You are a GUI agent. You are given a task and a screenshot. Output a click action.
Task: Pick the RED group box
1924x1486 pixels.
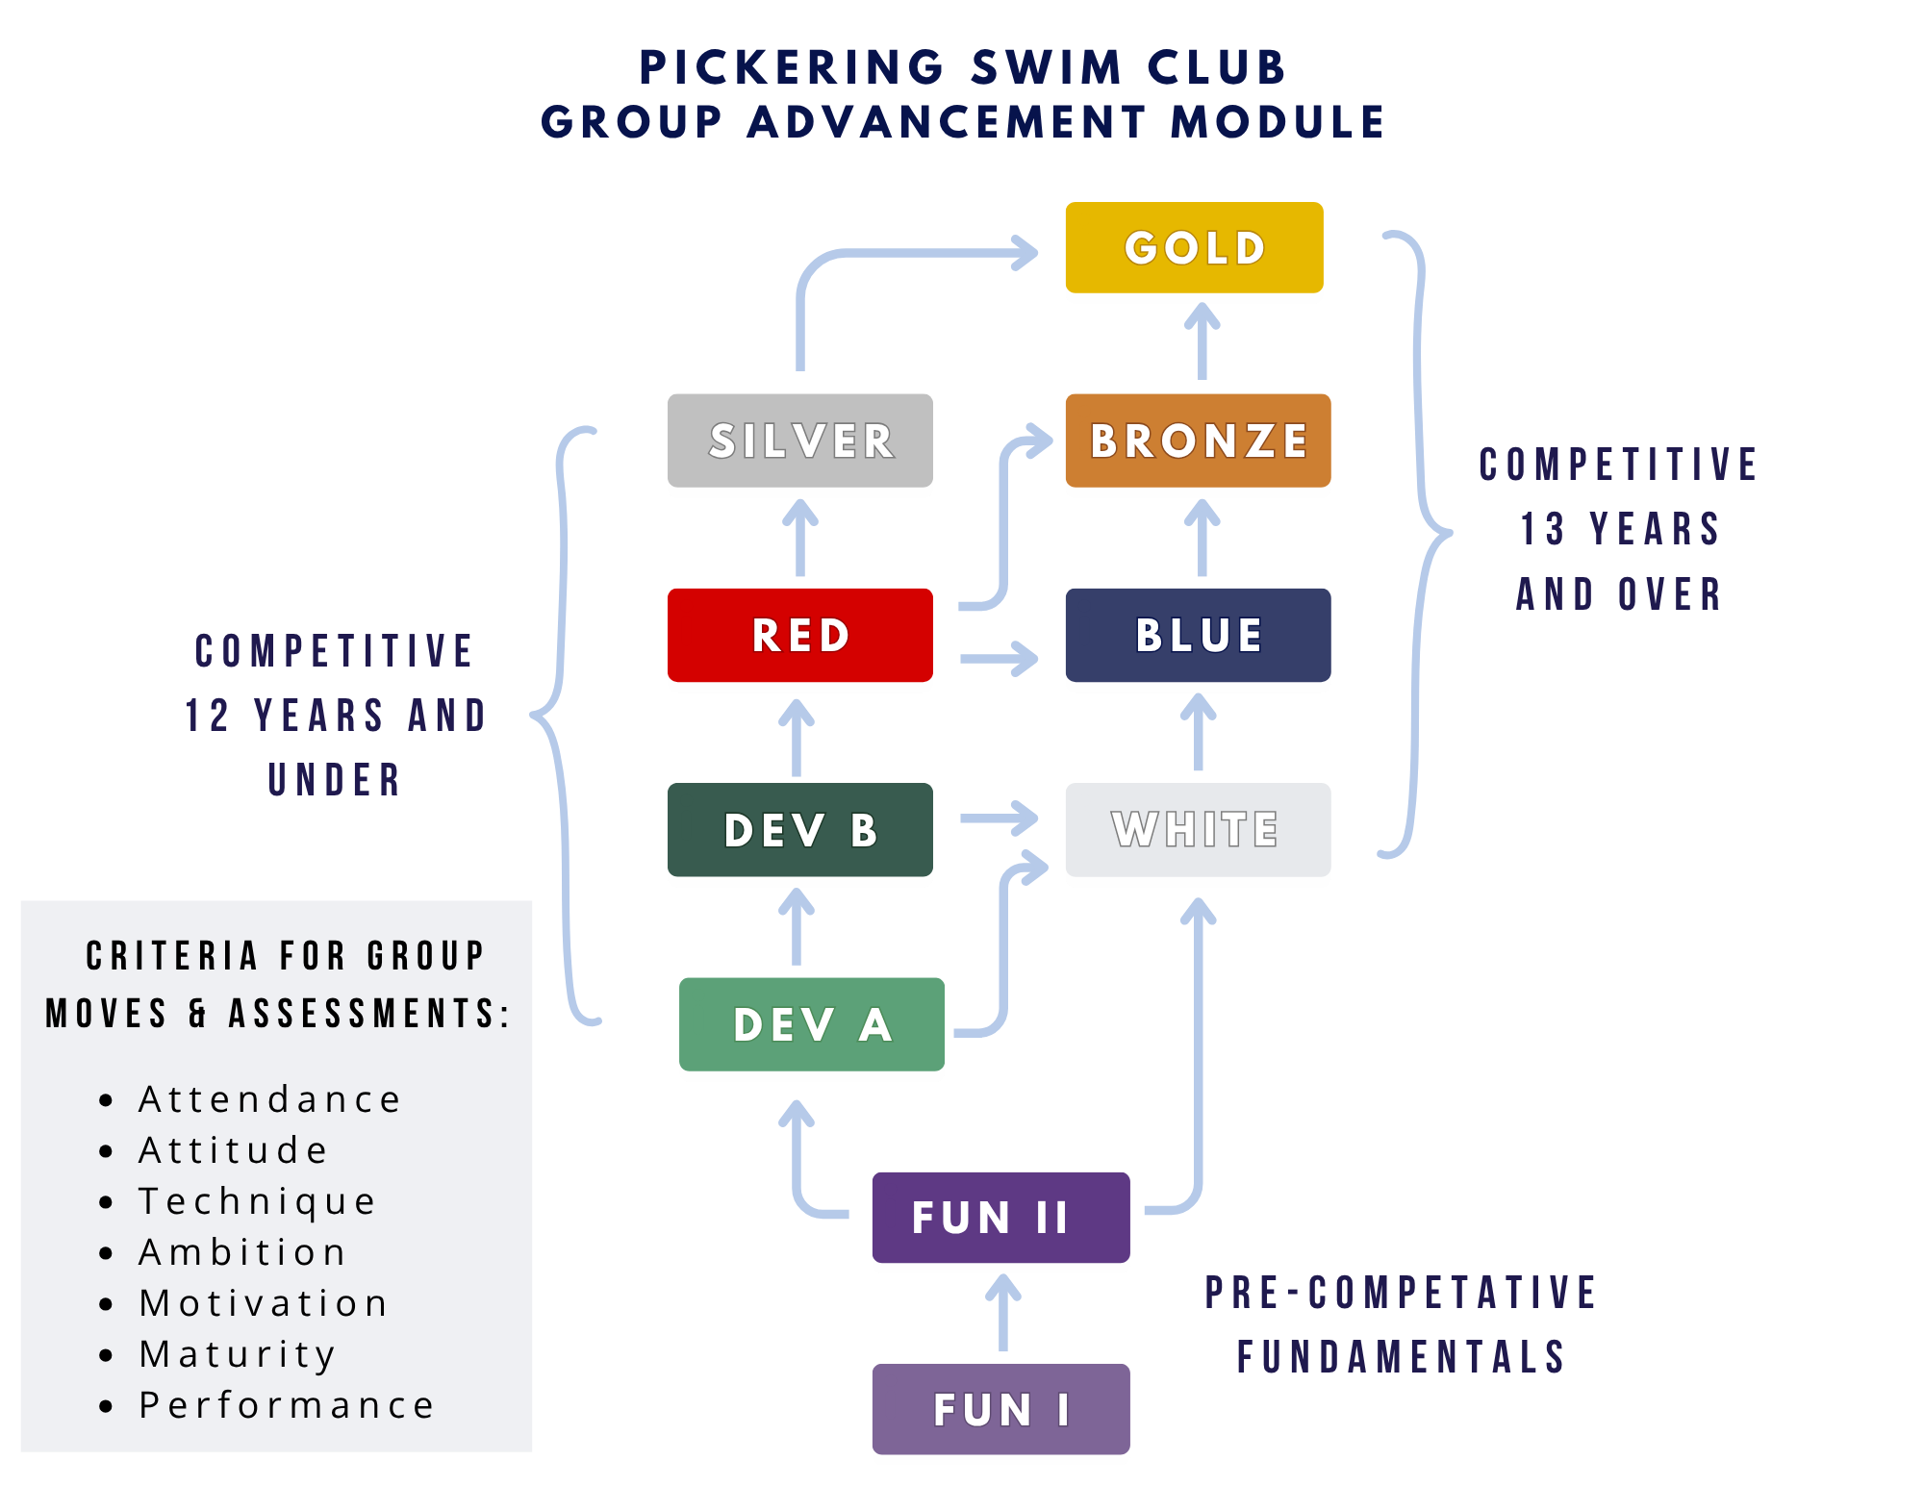pyautogui.click(x=800, y=636)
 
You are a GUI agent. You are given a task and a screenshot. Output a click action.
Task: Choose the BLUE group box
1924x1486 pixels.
pyautogui.click(x=1198, y=636)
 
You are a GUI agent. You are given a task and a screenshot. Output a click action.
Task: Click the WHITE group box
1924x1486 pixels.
pyautogui.click(x=1198, y=830)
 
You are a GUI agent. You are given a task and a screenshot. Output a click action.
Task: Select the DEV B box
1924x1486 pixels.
pyautogui.click(x=800, y=830)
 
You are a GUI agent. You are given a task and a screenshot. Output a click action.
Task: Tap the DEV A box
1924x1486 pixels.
pyautogui.click(x=812, y=1025)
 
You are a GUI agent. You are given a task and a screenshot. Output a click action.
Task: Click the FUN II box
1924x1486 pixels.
pyautogui.click(x=1000, y=1218)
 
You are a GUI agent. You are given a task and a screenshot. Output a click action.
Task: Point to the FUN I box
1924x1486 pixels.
pyautogui.click(x=1000, y=1410)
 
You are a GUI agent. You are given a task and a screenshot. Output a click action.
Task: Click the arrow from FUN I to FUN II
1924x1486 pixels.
pyautogui.click(x=1003, y=1314)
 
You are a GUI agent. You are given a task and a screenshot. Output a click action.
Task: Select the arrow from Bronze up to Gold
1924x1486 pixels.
pyautogui.click(x=1202, y=342)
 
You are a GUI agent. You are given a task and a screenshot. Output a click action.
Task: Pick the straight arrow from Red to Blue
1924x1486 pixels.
pyautogui.click(x=999, y=659)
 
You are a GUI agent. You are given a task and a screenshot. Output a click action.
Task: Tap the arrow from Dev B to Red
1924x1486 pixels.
pyautogui.click(x=796, y=739)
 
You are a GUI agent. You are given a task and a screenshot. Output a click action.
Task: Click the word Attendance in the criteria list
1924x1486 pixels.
pyautogui.click(x=269, y=1099)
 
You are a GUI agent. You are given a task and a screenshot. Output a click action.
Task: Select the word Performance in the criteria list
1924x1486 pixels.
pyautogui.click(x=287, y=1405)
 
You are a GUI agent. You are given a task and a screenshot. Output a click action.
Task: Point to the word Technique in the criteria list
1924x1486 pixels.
pyautogui.click(x=257, y=1201)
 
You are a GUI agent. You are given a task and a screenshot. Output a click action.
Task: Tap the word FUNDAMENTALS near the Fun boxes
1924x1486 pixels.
pyautogui.click(x=1402, y=1357)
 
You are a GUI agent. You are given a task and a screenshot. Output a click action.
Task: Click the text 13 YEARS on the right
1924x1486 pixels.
pyautogui.click(x=1620, y=529)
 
